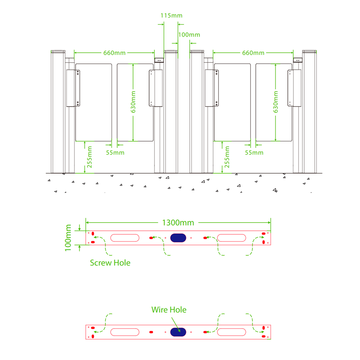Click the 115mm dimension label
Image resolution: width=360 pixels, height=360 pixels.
(x=171, y=15)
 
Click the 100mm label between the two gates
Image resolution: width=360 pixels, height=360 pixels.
(x=189, y=35)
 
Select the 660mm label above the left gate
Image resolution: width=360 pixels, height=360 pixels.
(x=114, y=53)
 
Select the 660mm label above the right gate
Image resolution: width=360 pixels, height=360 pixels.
(x=253, y=53)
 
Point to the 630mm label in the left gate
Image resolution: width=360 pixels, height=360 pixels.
(x=133, y=102)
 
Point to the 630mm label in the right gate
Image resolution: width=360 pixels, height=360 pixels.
(x=276, y=102)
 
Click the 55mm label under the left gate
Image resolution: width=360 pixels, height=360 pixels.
(x=115, y=153)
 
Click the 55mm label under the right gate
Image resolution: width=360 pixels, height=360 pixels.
(x=254, y=153)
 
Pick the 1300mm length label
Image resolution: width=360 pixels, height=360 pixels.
(x=178, y=222)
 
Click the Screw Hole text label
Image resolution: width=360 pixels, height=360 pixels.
(x=110, y=263)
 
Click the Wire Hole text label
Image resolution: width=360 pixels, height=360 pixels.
(x=169, y=310)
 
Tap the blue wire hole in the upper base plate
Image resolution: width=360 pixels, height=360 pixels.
(x=178, y=238)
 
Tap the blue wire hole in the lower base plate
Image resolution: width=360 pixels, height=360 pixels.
(x=178, y=332)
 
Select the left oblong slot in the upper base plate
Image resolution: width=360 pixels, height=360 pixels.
(x=125, y=238)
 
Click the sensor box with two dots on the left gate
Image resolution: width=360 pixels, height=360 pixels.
(x=159, y=60)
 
